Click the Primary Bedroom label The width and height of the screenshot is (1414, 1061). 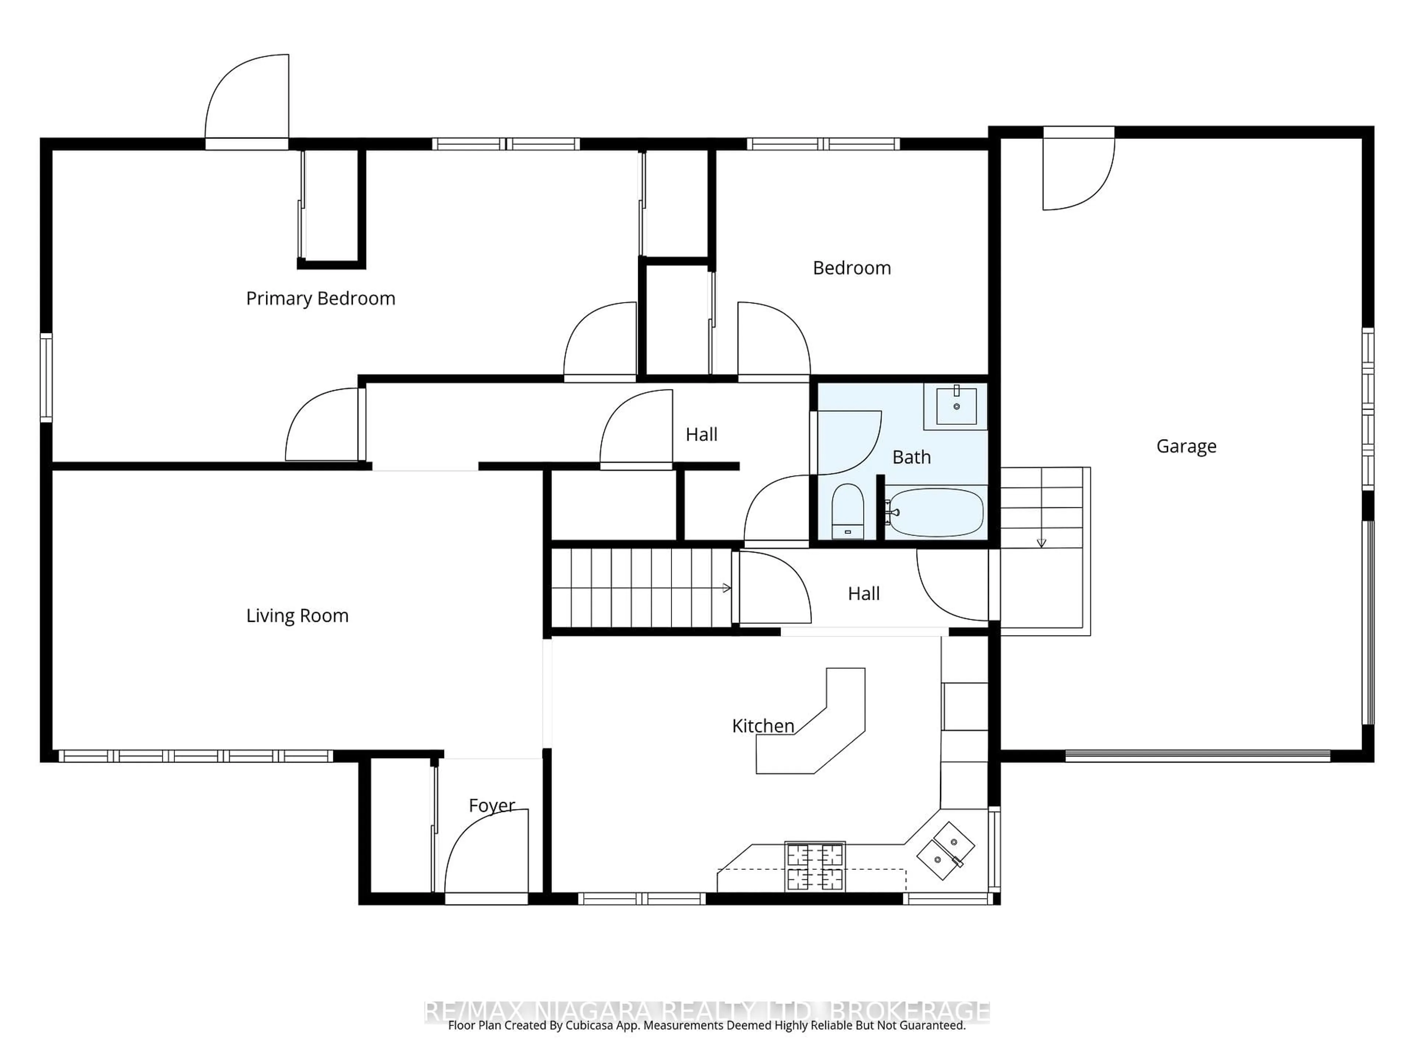320,299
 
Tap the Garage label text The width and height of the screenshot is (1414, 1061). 1186,447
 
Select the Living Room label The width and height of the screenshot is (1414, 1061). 297,616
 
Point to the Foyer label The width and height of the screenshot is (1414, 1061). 492,805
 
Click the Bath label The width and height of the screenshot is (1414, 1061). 911,457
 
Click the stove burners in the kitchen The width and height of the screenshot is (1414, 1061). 815,866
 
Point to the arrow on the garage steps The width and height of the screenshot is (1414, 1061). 1041,542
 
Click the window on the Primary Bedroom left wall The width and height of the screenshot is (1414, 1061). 46,377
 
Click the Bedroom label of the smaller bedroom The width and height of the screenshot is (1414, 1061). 851,268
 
